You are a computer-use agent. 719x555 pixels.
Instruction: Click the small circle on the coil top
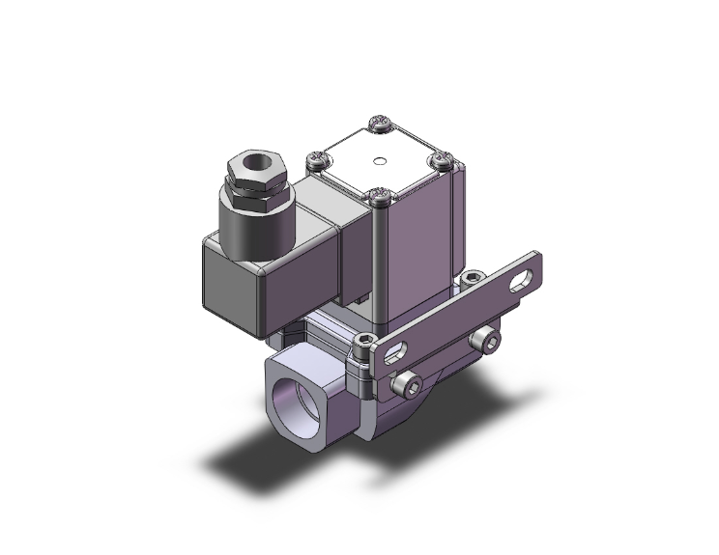coord(382,161)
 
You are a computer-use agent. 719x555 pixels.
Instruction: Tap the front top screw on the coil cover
coord(380,198)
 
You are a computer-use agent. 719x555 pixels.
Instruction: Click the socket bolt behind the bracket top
coord(471,279)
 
